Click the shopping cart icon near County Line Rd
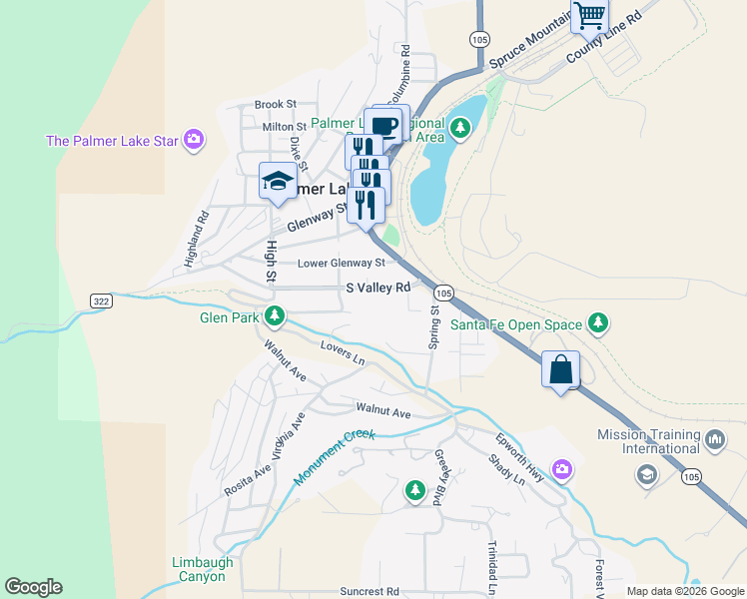[x=589, y=16]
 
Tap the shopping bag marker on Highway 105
[x=560, y=369]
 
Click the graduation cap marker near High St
[x=278, y=181]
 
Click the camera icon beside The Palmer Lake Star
[x=195, y=140]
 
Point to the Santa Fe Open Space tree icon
[x=597, y=322]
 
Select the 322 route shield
[x=100, y=300]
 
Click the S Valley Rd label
[x=378, y=288]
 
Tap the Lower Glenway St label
[x=342, y=264]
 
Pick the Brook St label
[x=276, y=104]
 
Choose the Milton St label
[x=285, y=127]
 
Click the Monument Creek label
[x=334, y=458]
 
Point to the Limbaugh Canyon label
[x=203, y=569]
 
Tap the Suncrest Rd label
[x=370, y=591]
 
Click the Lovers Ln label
[x=343, y=351]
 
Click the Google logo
[x=33, y=587]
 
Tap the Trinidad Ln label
[x=491, y=564]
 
